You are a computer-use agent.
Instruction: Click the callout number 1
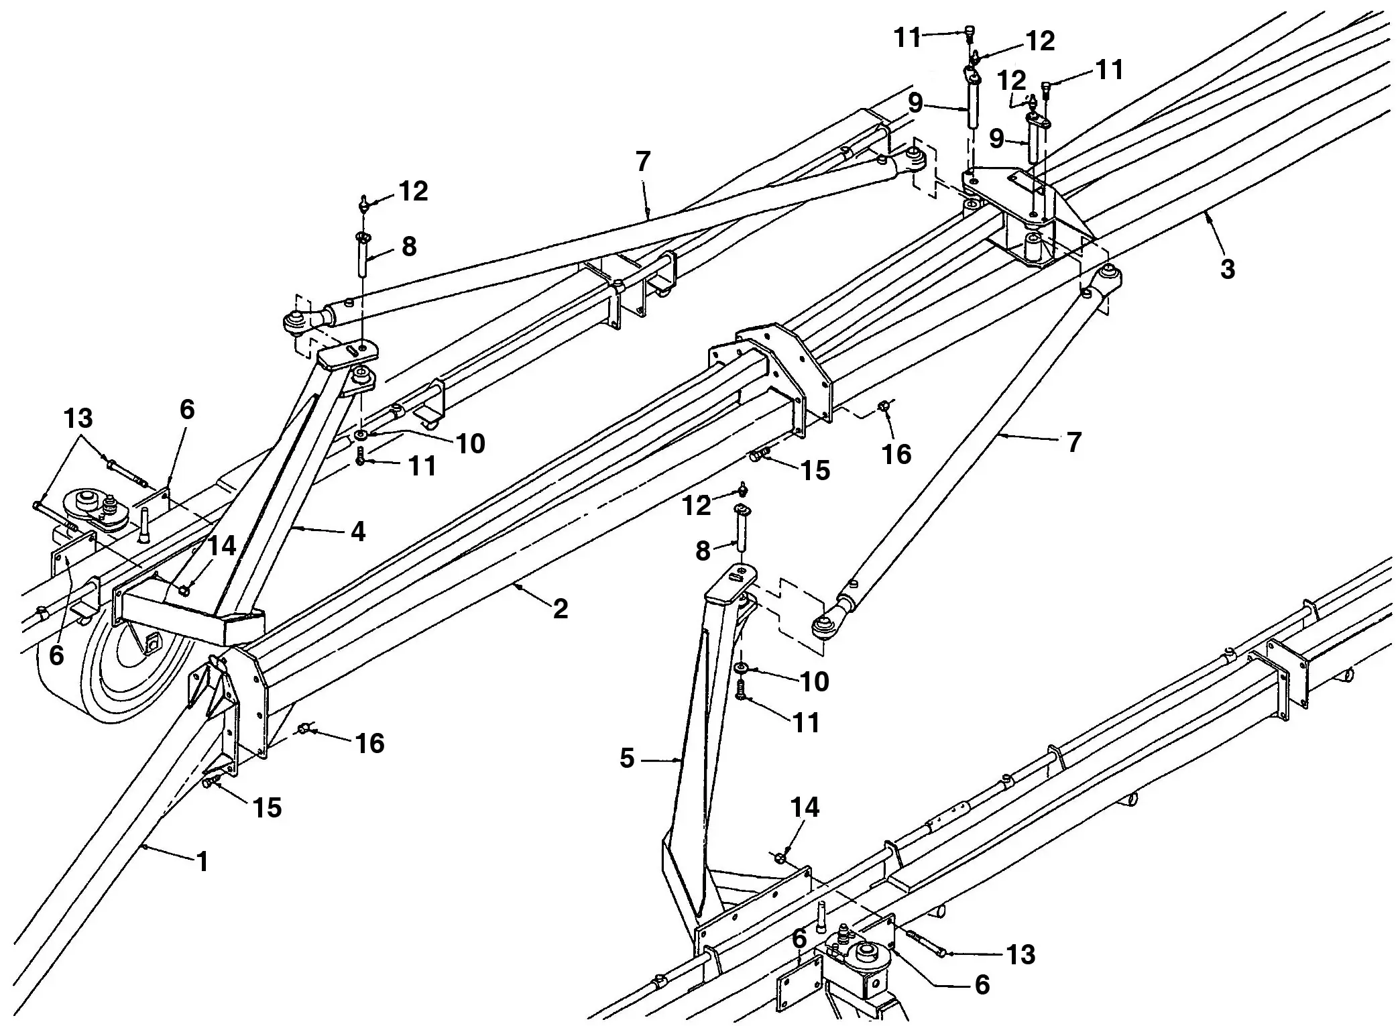(x=202, y=861)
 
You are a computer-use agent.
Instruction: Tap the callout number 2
(x=560, y=609)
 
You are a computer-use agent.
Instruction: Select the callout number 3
(x=1227, y=269)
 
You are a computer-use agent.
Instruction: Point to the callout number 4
(x=358, y=532)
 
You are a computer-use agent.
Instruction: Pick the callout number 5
(x=627, y=758)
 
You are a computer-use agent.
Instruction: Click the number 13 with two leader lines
(x=78, y=418)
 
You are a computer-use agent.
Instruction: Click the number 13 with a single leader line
(x=1020, y=954)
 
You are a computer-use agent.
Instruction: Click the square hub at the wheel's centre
(x=152, y=642)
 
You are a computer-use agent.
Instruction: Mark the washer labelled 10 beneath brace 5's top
(x=742, y=668)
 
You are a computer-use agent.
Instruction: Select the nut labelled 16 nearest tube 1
(x=304, y=728)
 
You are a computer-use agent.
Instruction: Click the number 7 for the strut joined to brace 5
(x=1073, y=443)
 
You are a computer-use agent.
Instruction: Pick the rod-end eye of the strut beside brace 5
(x=822, y=628)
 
